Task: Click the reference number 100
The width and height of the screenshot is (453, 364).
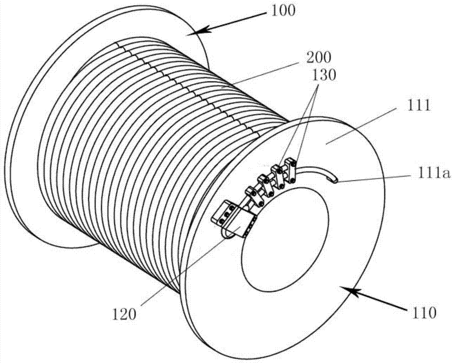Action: point(283,11)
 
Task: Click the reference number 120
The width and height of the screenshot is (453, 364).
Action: point(124,314)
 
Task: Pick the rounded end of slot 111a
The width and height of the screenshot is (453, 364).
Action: point(334,180)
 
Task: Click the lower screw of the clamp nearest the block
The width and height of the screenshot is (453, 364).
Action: point(260,205)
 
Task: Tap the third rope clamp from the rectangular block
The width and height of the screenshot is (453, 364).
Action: point(278,177)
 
